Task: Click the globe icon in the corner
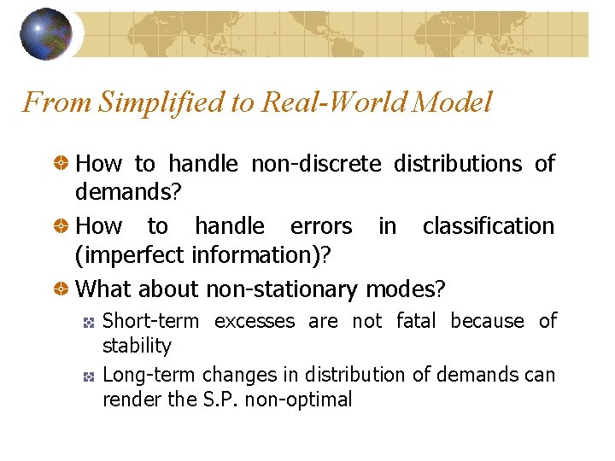point(46,34)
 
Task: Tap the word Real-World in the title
point(324,102)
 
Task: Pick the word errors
point(321,226)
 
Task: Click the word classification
point(489,226)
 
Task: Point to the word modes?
point(405,289)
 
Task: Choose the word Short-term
point(150,321)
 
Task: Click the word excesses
point(255,321)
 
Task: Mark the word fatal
point(418,321)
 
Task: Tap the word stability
point(137,346)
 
